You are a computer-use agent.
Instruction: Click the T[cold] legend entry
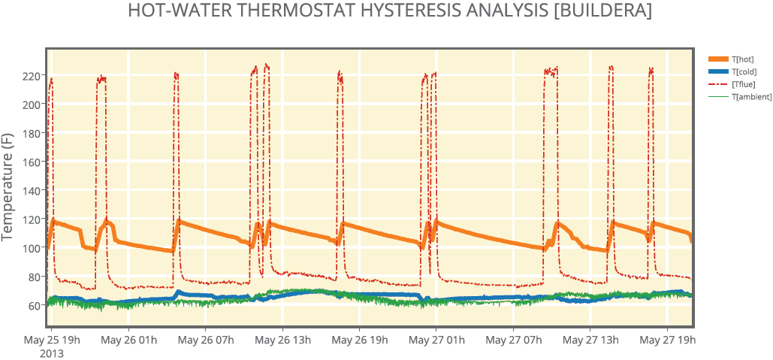tap(742, 71)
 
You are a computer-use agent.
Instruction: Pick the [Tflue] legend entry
tap(742, 84)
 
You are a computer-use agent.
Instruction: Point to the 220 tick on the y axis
tap(31, 76)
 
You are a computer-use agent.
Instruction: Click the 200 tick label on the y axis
tap(31, 104)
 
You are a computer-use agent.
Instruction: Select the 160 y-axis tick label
tap(31, 162)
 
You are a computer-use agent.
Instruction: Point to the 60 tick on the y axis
tap(33, 305)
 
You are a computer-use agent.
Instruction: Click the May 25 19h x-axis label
tap(52, 340)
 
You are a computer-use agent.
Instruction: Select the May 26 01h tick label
tap(129, 340)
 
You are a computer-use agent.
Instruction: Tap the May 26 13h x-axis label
tap(282, 340)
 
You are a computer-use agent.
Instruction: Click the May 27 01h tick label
tap(436, 340)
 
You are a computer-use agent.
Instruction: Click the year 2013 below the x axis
tap(52, 352)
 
